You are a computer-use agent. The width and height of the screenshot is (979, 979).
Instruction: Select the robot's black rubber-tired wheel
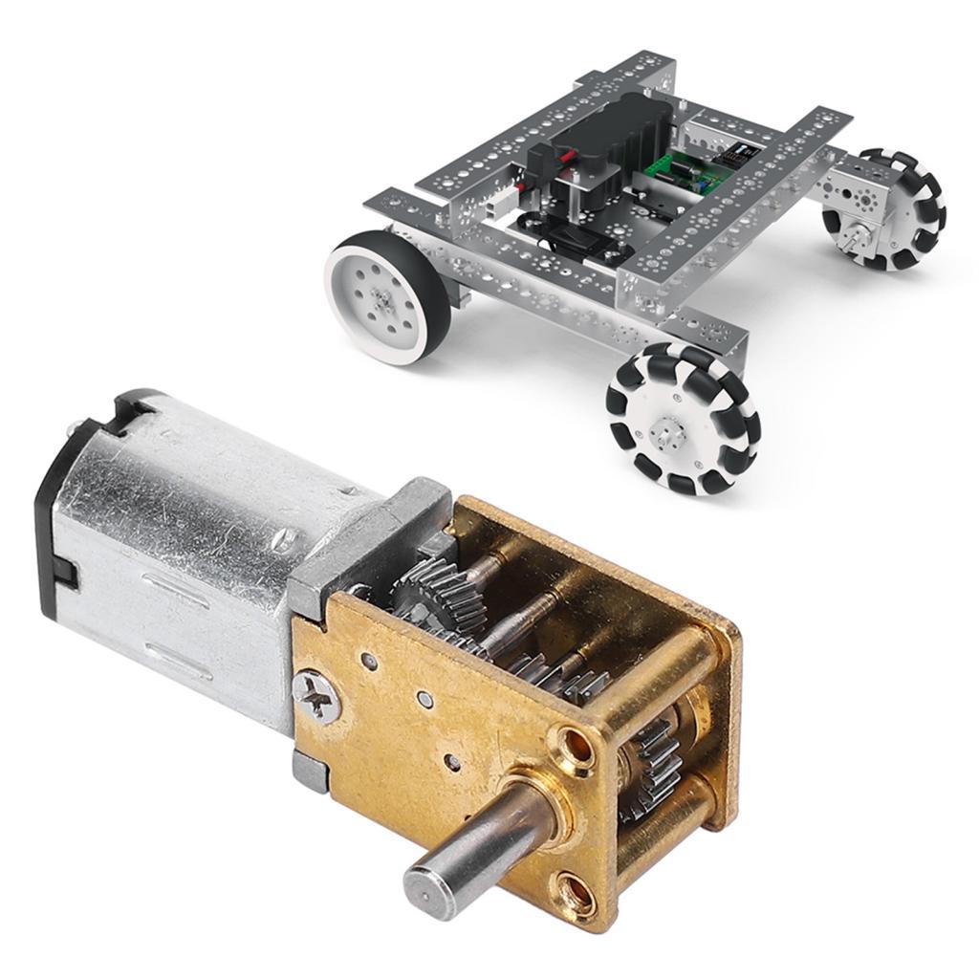388,297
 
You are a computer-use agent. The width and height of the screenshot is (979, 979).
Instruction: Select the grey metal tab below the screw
308,771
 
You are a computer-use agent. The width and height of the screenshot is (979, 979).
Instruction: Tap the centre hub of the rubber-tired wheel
381,298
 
